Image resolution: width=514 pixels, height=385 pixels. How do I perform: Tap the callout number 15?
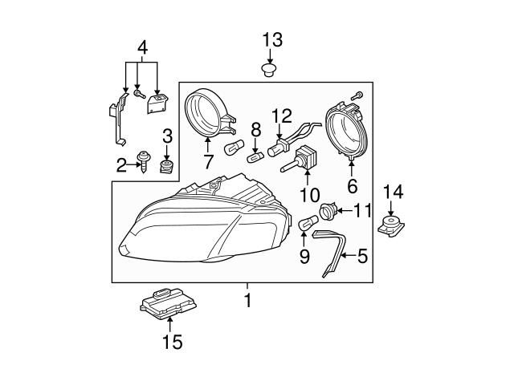(x=171, y=342)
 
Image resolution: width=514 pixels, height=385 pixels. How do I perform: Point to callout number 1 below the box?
(x=247, y=301)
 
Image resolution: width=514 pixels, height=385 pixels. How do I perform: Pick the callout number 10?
(x=309, y=194)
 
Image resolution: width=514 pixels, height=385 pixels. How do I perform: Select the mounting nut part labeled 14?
(x=392, y=227)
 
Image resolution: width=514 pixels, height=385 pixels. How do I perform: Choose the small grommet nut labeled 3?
(x=168, y=166)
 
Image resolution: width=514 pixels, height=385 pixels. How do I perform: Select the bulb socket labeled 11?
(x=326, y=213)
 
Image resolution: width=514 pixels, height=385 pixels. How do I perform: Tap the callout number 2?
(x=122, y=166)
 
